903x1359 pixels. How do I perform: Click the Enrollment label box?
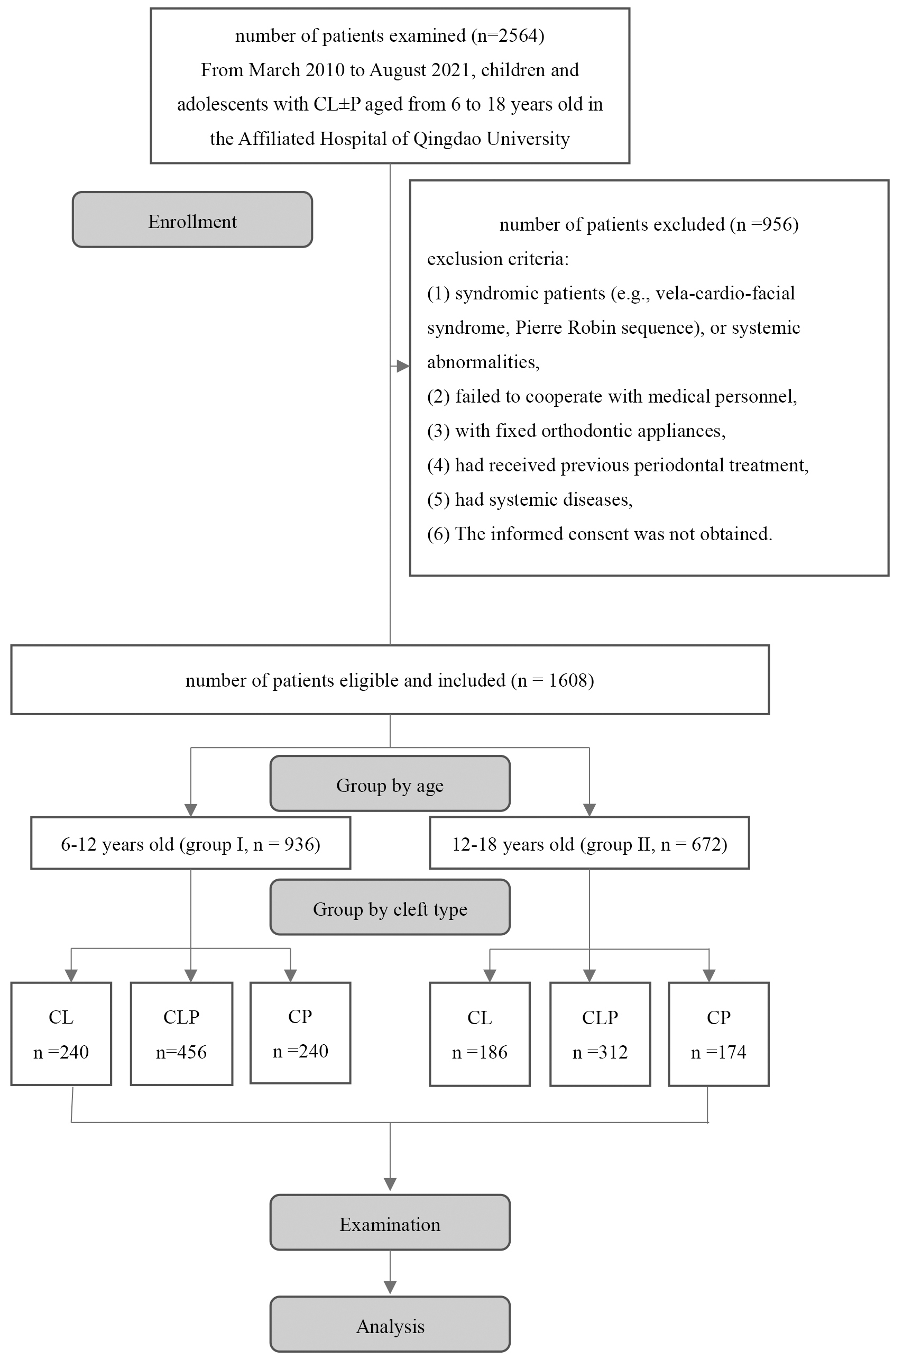pos(192,220)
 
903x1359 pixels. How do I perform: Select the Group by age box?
pos(390,783)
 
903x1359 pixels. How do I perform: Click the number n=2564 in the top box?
pos(508,36)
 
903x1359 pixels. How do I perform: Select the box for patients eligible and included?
pos(390,680)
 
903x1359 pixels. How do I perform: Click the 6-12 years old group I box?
pos(191,843)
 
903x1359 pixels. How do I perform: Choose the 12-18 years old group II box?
pos(589,843)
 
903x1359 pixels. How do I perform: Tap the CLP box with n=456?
pos(181,1034)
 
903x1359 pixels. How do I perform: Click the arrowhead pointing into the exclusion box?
pos(403,366)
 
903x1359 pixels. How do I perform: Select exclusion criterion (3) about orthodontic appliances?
pos(576,430)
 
